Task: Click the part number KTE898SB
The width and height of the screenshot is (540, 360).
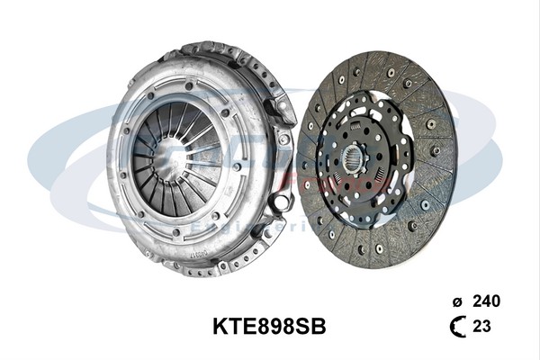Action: (269, 327)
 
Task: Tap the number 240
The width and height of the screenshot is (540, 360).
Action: (486, 301)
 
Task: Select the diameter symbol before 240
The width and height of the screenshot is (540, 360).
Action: (457, 301)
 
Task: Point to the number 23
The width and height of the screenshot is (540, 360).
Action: (481, 327)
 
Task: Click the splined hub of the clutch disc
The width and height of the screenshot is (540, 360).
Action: (355, 162)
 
